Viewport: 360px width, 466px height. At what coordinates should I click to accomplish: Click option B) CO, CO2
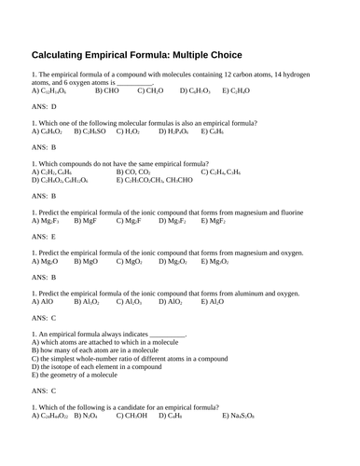pyautogui.click(x=136, y=171)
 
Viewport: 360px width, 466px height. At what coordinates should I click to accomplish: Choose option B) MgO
pyautogui.click(x=85, y=262)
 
